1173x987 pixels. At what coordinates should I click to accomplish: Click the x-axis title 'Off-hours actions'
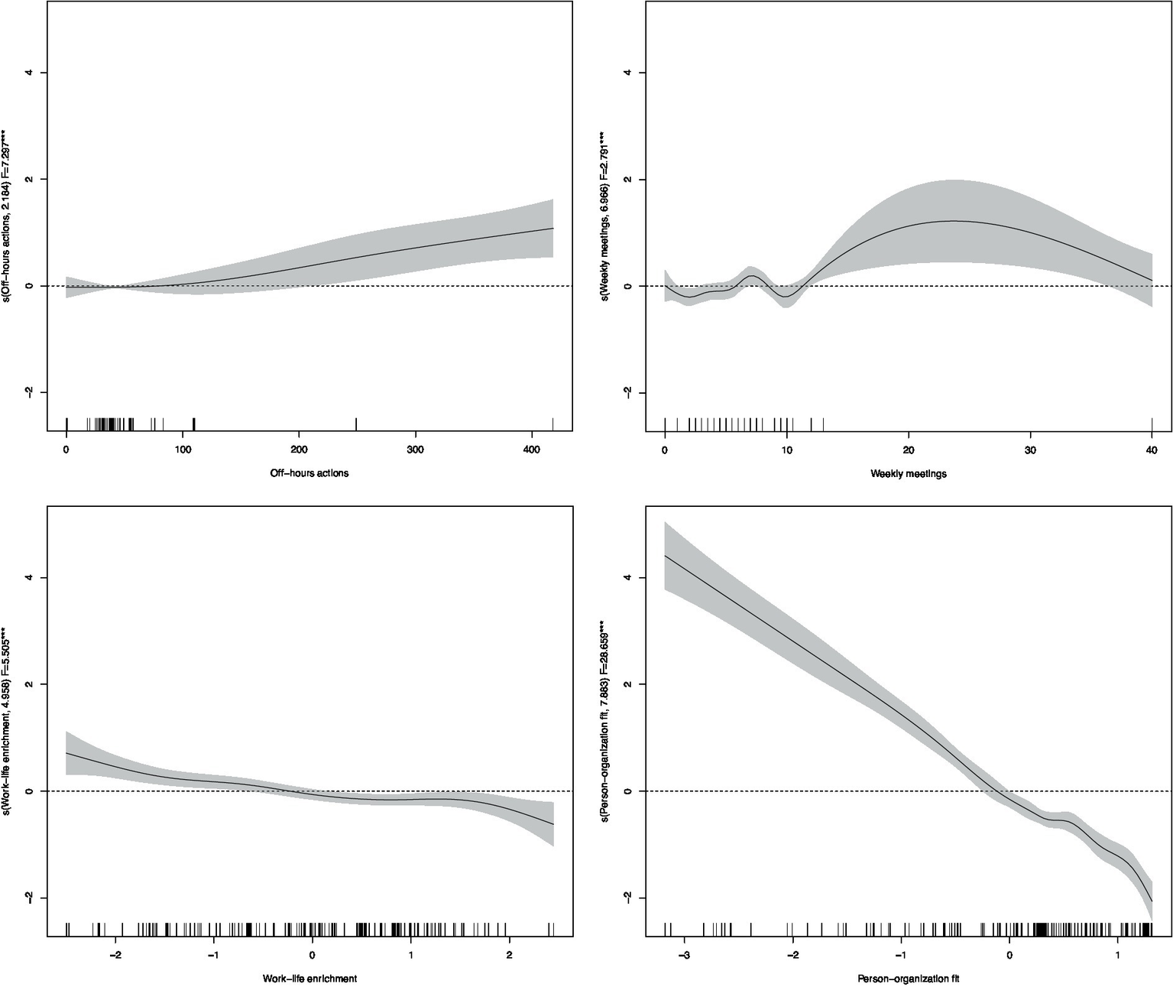pos(309,473)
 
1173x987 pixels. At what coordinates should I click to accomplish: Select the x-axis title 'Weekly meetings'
pos(908,473)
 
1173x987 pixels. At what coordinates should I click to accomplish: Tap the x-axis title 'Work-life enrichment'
pos(309,978)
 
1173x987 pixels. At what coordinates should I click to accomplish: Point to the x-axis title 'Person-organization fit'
pos(908,978)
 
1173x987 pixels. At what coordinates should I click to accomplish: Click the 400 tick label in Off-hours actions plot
pos(532,450)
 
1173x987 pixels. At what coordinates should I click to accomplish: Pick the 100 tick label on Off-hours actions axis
pos(183,450)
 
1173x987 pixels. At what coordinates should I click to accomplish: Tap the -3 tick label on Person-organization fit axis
pos(683,955)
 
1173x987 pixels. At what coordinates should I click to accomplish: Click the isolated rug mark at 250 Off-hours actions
pos(357,424)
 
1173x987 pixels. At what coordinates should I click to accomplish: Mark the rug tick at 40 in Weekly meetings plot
pos(1151,424)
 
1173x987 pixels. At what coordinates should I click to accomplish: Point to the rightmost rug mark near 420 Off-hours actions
pos(552,424)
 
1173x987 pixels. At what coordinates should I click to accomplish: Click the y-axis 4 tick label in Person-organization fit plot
pos(628,577)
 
